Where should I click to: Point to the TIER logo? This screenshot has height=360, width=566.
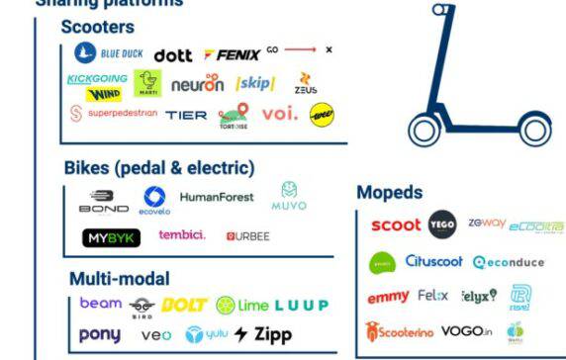186,115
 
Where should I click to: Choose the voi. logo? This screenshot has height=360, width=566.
280,114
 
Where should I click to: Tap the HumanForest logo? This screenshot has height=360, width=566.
217,197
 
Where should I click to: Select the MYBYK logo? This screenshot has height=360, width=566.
111,237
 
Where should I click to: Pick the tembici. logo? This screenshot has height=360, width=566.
182,235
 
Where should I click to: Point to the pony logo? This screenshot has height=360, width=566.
99,334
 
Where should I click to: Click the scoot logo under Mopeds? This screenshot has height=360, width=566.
395,226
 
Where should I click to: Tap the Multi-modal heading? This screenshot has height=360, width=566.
120,279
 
